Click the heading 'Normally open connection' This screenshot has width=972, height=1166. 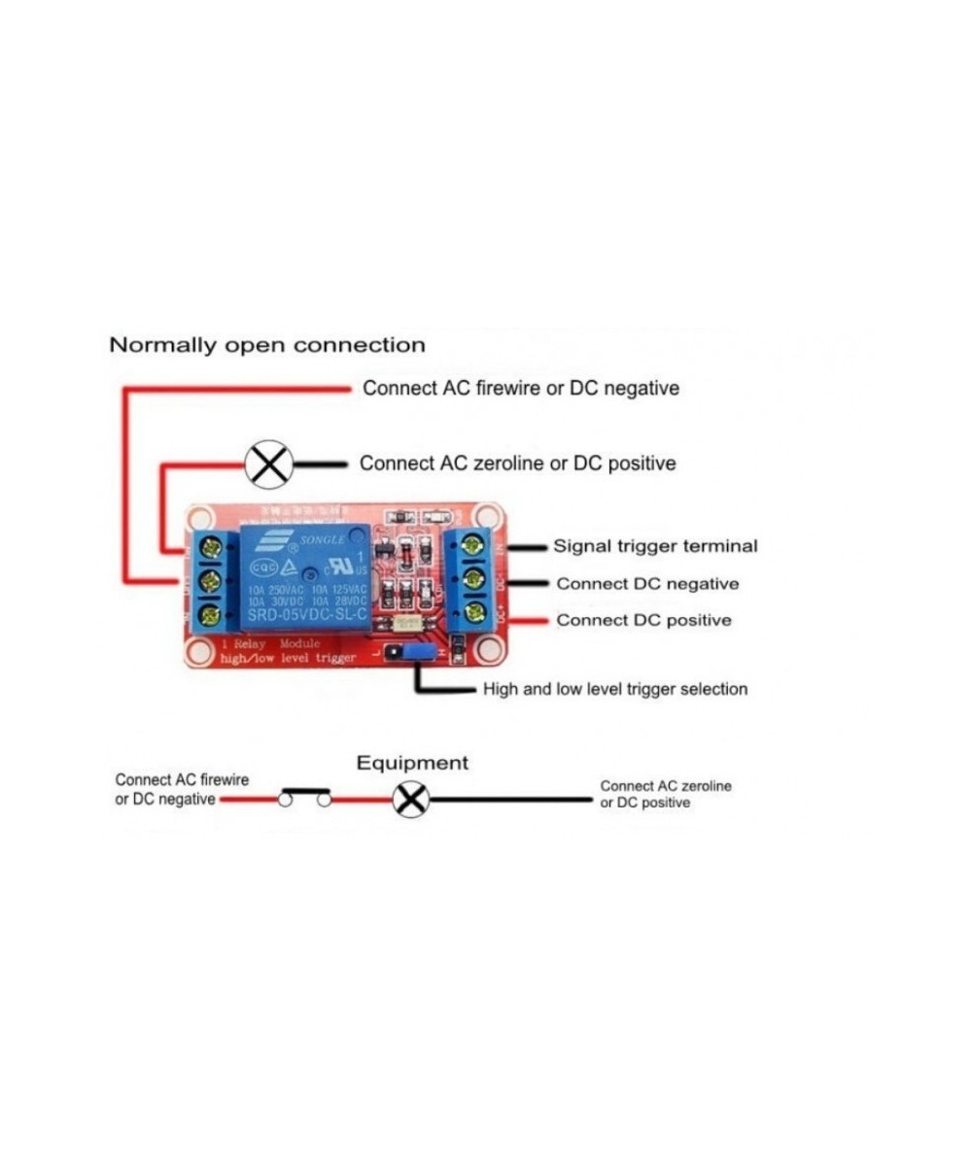[267, 345]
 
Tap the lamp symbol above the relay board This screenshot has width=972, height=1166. [268, 464]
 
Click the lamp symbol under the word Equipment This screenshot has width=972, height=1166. [410, 800]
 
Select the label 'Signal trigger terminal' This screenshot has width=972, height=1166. [655, 546]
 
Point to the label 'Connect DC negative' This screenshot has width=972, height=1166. [647, 584]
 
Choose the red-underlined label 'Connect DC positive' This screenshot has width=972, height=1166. [643, 620]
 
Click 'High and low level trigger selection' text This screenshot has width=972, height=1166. [615, 690]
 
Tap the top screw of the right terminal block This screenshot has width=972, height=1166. [474, 544]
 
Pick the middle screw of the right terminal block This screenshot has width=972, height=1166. [474, 578]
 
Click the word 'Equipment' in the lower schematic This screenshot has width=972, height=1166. [412, 764]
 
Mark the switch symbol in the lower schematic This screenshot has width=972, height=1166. [304, 797]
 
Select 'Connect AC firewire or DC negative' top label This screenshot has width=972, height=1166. [521, 389]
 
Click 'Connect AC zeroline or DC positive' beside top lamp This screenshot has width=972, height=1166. [517, 463]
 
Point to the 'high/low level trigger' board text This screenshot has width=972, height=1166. [288, 659]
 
